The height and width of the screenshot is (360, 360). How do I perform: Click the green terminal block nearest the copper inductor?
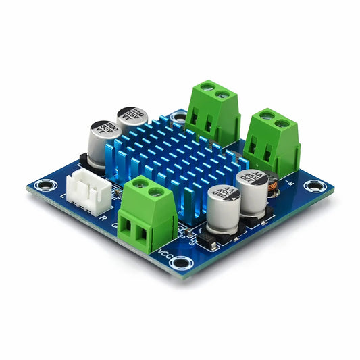[x=272, y=143]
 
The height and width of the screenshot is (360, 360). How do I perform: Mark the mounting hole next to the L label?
[x=46, y=184]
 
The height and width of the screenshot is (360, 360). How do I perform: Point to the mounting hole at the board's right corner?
[x=311, y=186]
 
